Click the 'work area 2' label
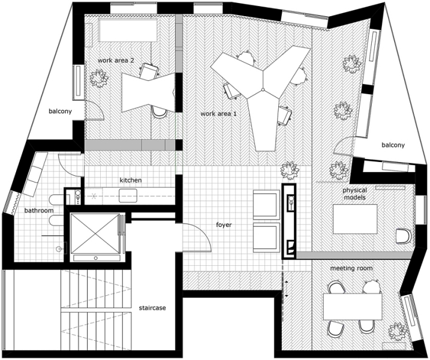tap(116, 61)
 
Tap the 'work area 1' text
tap(218, 113)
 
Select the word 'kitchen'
tap(131, 180)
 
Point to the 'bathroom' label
tap(39, 211)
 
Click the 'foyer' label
tap(224, 225)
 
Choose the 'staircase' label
tap(152, 308)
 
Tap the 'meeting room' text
tap(351, 268)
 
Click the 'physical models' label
tap(354, 194)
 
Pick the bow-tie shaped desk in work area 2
tap(148, 92)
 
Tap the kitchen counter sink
tap(128, 196)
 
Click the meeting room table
tap(353, 307)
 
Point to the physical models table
tap(355, 219)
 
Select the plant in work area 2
tap(100, 79)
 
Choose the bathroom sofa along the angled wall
tap(36, 174)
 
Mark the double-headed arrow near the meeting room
tap(286, 289)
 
